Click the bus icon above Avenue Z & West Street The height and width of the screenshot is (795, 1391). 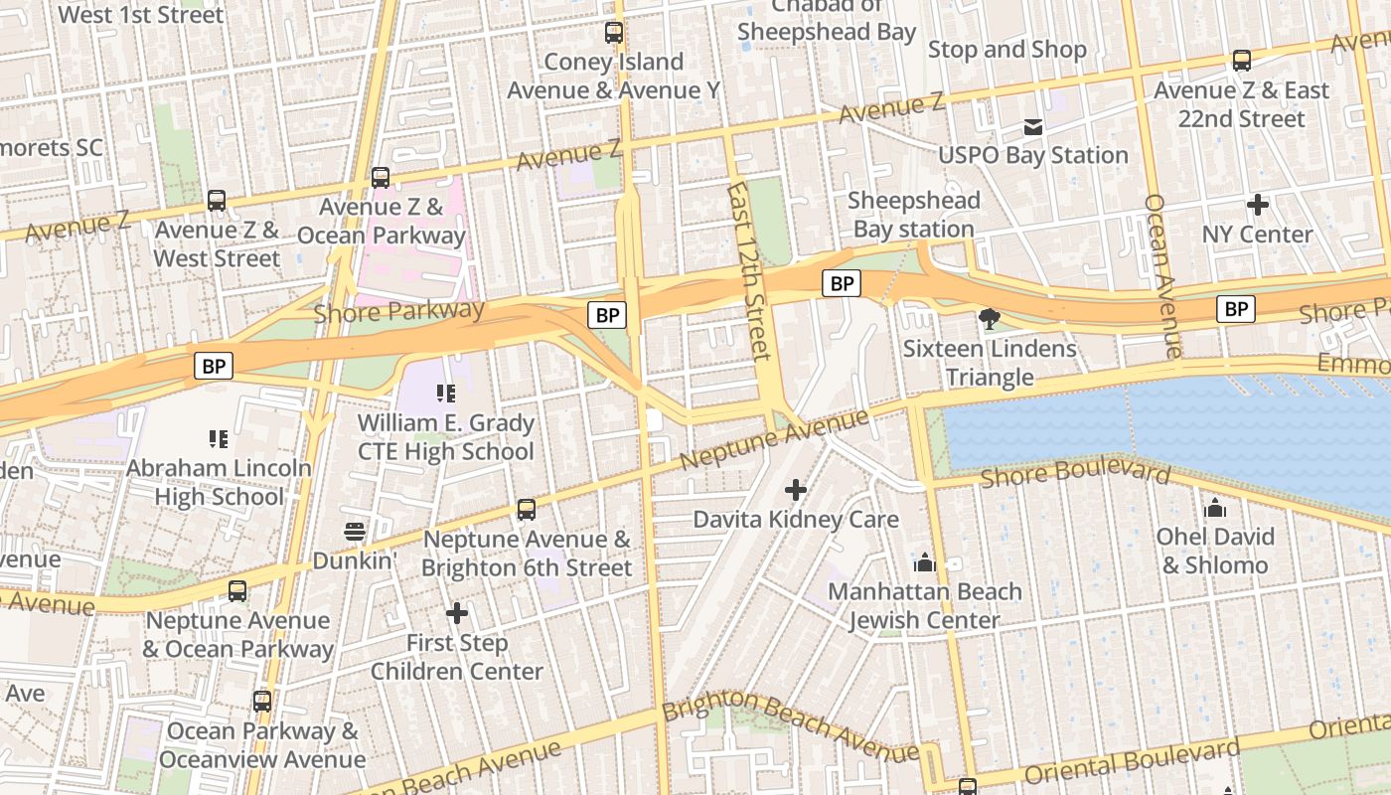(x=217, y=201)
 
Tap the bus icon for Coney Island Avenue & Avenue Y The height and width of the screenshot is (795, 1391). (x=614, y=33)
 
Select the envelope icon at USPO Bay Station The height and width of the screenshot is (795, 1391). (x=1033, y=126)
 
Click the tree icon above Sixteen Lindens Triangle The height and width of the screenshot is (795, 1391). (x=989, y=319)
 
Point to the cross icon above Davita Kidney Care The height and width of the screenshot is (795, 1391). (x=796, y=490)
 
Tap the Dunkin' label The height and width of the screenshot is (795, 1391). (x=355, y=560)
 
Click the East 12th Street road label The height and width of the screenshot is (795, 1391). (x=748, y=270)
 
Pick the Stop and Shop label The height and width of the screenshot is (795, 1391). (x=1006, y=50)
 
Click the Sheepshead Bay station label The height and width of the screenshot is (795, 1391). (x=913, y=215)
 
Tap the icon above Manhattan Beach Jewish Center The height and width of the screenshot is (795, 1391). (x=925, y=563)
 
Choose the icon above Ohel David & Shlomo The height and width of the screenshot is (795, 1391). (x=1215, y=509)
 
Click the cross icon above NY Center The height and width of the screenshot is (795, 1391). (x=1258, y=206)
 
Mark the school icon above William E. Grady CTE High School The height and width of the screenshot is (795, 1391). (x=445, y=394)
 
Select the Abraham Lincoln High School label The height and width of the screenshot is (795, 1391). (x=219, y=482)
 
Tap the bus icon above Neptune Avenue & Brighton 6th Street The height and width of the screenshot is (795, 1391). (x=527, y=510)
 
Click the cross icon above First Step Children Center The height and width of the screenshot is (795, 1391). (x=457, y=613)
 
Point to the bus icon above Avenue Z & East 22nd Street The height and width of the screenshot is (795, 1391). (x=1242, y=61)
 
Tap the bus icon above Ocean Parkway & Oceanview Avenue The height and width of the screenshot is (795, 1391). (x=262, y=702)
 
